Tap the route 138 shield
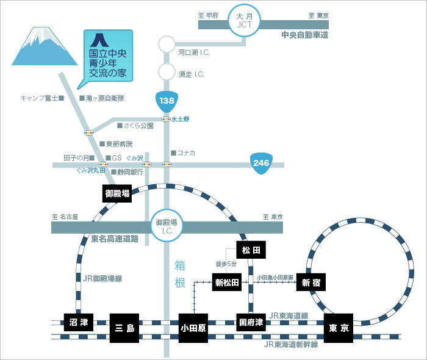(x=167, y=101)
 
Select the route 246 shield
(x=261, y=164)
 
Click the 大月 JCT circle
(x=244, y=21)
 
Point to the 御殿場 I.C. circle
(x=167, y=226)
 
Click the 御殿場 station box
(x=117, y=193)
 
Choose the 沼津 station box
(x=79, y=322)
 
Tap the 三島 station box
(x=124, y=328)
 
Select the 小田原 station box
(x=193, y=328)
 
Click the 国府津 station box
(x=251, y=322)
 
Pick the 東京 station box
(x=339, y=328)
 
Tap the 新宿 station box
(x=311, y=283)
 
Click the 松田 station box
(x=251, y=250)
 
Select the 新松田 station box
(x=227, y=283)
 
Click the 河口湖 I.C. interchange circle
(x=167, y=44)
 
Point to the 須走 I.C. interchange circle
(x=167, y=71)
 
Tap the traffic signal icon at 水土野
(x=166, y=119)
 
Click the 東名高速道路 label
(x=115, y=239)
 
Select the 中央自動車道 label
(x=305, y=35)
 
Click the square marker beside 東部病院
(x=102, y=143)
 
